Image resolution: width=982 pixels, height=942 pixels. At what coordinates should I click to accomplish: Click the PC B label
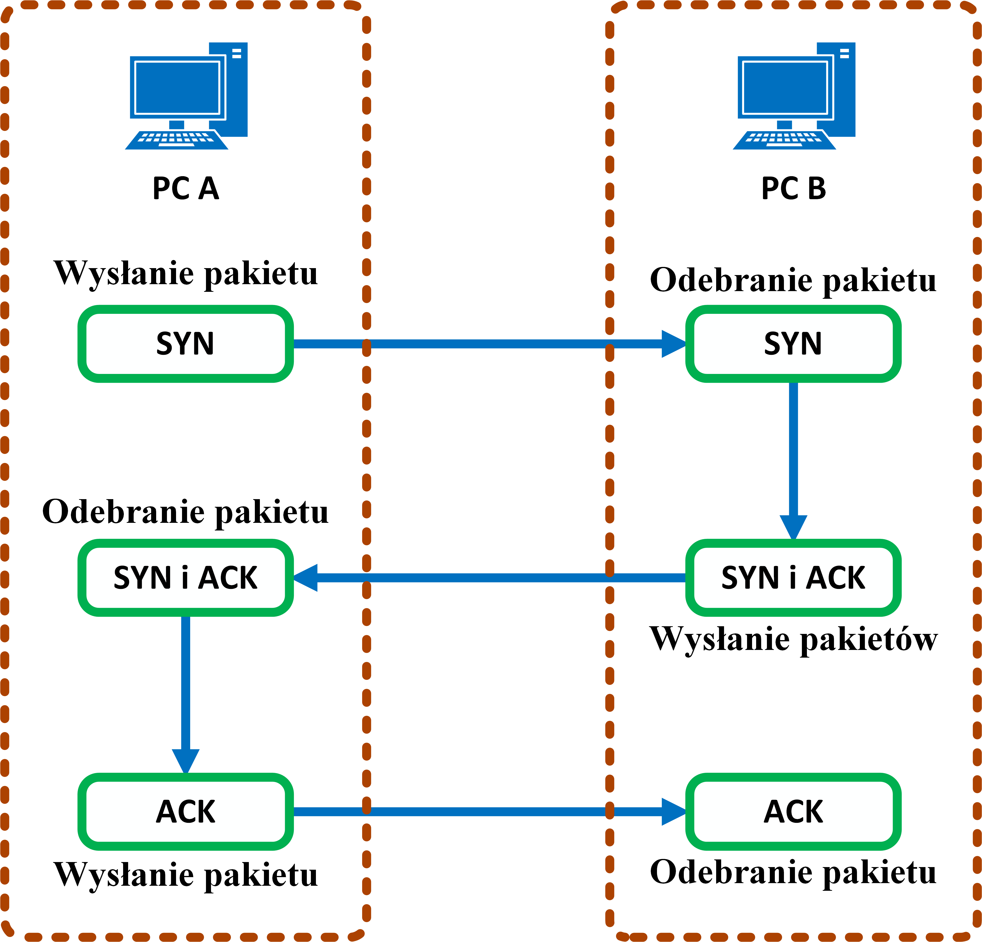pos(794,189)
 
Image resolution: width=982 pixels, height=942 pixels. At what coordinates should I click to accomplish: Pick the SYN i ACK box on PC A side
pos(185,577)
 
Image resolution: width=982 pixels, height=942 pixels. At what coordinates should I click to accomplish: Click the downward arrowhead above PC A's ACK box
pos(185,760)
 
